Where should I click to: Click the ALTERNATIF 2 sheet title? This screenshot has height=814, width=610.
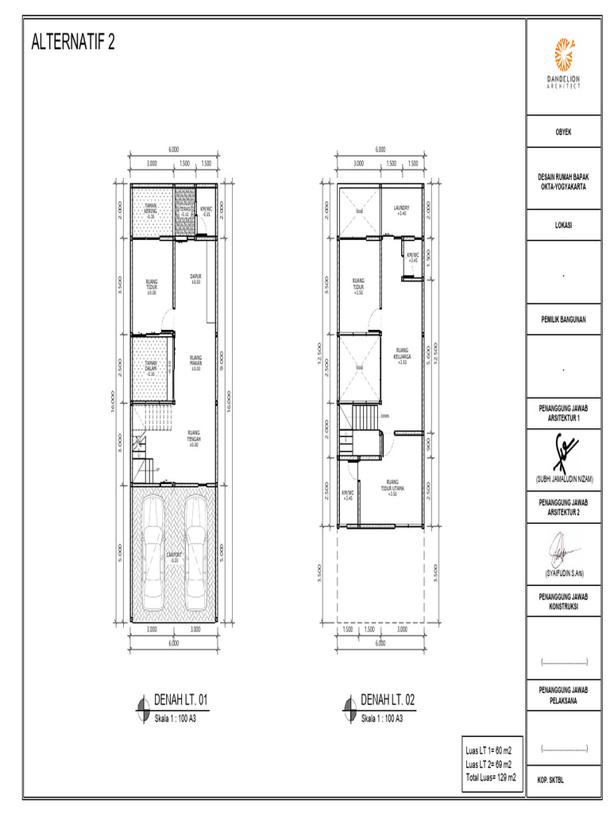72,43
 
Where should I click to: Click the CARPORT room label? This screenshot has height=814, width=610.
174,556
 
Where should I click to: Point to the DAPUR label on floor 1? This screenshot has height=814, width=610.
195,279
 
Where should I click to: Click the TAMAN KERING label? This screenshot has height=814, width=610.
150,211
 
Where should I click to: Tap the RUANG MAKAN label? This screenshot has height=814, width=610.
195,362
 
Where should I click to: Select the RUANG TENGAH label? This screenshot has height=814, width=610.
194,437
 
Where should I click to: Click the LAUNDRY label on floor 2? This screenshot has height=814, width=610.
401,211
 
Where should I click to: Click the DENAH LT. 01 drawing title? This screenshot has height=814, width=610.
182,700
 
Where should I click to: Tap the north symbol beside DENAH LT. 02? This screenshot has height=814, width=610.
349,704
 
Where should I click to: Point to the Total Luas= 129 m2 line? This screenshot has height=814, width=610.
492,777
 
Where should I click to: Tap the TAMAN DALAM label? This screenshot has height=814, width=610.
151,370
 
